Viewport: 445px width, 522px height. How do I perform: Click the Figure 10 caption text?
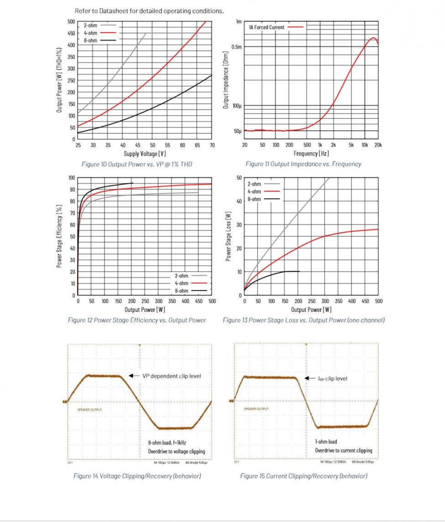click(x=136, y=164)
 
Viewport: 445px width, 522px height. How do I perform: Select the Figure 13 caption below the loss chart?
click(x=304, y=320)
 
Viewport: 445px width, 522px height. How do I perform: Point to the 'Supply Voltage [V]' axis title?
click(x=145, y=154)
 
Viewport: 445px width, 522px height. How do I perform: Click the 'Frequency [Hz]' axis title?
click(x=311, y=154)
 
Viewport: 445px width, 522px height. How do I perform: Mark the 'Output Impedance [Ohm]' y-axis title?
click(x=225, y=80)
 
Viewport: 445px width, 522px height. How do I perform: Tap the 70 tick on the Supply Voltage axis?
click(x=212, y=145)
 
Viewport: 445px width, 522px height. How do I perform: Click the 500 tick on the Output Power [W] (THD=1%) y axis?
click(x=71, y=21)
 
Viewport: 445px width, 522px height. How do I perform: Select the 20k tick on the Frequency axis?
click(x=378, y=145)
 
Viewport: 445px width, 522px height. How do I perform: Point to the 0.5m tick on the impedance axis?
click(x=236, y=47)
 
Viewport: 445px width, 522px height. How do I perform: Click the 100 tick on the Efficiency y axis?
click(x=71, y=178)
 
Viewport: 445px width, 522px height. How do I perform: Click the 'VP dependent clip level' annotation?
click(x=171, y=376)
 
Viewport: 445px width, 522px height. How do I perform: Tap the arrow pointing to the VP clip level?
click(x=134, y=376)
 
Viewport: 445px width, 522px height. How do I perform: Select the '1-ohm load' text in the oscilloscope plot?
click(x=326, y=442)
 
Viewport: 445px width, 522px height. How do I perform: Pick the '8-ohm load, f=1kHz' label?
click(x=167, y=443)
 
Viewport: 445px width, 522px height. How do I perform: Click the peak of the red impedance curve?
click(x=373, y=37)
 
